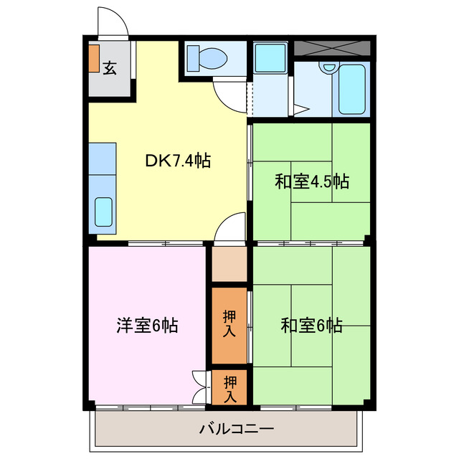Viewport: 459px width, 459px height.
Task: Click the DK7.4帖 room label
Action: click(177, 161)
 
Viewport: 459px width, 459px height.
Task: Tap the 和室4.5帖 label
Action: click(311, 181)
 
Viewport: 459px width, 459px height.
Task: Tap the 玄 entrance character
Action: click(110, 68)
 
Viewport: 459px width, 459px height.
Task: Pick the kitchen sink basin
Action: click(105, 209)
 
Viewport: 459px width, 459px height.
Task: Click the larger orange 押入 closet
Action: click(229, 324)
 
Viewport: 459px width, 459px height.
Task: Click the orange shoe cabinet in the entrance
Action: click(94, 58)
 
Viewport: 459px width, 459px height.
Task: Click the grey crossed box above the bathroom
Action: click(332, 48)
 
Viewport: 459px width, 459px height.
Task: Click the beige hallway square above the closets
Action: click(229, 264)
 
